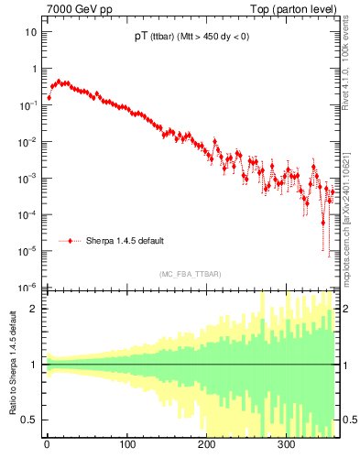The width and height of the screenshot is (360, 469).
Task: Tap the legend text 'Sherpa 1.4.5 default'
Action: pos(125,241)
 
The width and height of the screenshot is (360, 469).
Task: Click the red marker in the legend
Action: pos(71,241)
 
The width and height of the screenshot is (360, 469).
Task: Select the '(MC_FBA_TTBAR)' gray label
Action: pos(190,274)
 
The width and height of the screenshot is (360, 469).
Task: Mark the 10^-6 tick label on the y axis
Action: pos(29,287)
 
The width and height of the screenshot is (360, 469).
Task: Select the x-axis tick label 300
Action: pos(286,446)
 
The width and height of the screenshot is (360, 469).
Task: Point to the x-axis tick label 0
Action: pos(46,446)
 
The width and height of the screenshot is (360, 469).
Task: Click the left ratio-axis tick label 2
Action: pos(35,310)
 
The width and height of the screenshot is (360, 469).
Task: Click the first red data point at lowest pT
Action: pos(49,97)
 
